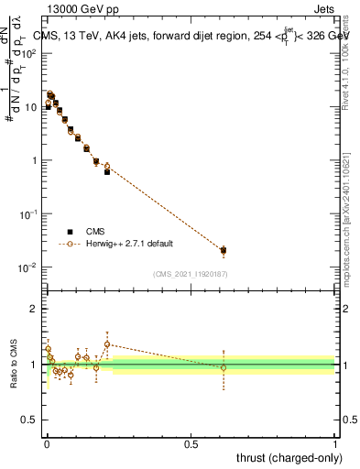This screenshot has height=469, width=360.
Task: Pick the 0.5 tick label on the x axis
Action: pos(191,444)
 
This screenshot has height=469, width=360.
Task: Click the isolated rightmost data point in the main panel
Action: pos(223,250)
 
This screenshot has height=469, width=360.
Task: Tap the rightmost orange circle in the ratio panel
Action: pos(223,367)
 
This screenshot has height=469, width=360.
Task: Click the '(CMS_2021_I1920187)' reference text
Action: pos(191,273)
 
